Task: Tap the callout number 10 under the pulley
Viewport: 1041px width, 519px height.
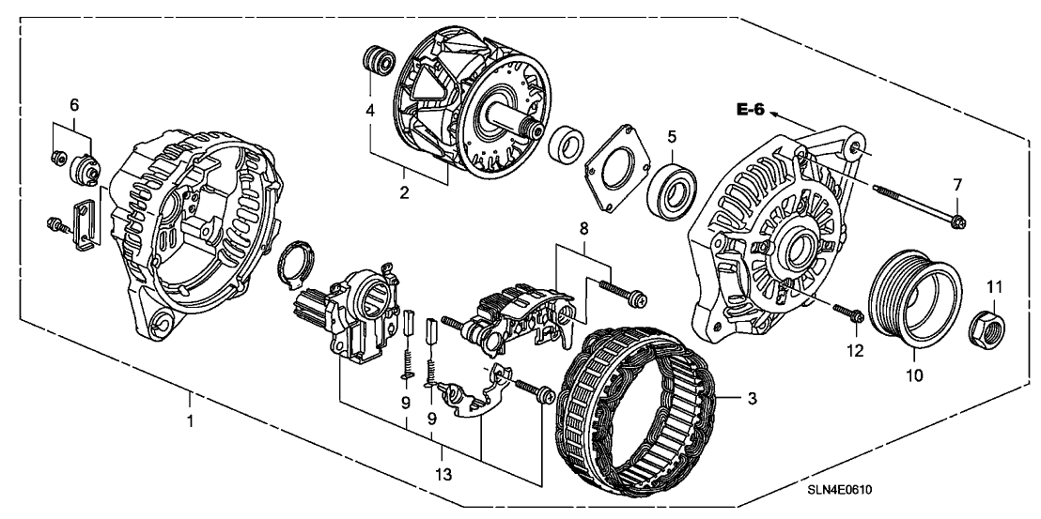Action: coord(915,374)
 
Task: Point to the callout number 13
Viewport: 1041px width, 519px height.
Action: coord(443,475)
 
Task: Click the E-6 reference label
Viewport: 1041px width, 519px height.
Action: coord(752,111)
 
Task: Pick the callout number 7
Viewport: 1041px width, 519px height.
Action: coord(957,183)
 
